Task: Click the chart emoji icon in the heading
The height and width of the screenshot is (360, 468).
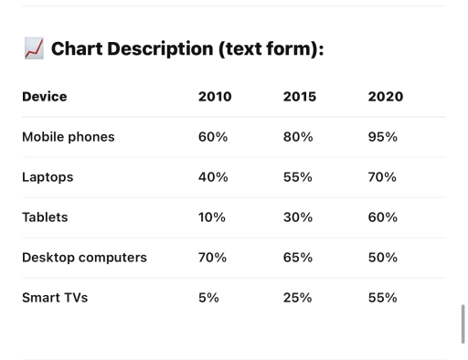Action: click(x=33, y=50)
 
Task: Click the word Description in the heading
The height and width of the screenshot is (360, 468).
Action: click(x=161, y=49)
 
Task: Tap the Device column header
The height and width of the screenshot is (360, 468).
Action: click(x=44, y=97)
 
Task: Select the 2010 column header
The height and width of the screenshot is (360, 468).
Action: click(x=215, y=97)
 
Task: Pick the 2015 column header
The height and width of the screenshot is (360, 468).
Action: click(x=300, y=97)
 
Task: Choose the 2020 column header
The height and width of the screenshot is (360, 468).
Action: click(x=385, y=97)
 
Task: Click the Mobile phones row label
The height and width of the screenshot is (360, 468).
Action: click(x=68, y=137)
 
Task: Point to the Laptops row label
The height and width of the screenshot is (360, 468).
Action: click(x=48, y=177)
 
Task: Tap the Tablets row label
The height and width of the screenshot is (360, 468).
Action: click(x=45, y=217)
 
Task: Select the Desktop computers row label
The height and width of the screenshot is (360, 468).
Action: click(x=84, y=258)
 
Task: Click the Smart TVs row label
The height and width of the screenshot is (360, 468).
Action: click(x=55, y=298)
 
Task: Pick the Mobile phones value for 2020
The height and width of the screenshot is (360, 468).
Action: click(x=382, y=137)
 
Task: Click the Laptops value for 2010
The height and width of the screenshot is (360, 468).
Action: click(x=213, y=177)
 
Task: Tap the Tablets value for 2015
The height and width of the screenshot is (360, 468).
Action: click(x=298, y=217)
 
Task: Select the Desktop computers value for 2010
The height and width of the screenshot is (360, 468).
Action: click(x=212, y=258)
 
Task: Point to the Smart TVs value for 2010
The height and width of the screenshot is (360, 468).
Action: click(x=208, y=298)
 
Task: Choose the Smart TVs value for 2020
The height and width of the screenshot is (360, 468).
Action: click(x=382, y=298)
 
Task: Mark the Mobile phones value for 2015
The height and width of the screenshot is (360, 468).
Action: click(x=298, y=137)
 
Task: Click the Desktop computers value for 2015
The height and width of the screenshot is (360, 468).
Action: click(x=298, y=258)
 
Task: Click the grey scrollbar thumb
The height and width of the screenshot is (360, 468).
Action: click(x=463, y=323)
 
